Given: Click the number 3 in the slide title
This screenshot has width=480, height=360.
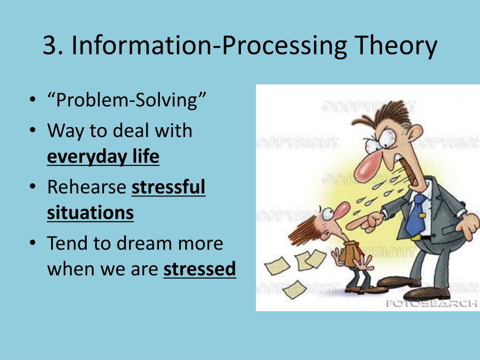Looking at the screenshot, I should click(50, 46).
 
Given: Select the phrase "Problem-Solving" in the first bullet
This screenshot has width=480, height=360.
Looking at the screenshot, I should click(127, 100).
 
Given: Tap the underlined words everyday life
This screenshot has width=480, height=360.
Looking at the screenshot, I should click(103, 157).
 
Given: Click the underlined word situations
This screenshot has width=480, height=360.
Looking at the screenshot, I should click(90, 213).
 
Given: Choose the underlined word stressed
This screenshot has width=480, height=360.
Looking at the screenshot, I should click(199, 269).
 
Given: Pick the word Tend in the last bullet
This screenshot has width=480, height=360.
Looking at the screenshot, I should click(67, 243).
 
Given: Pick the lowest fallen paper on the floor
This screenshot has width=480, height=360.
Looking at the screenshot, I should click(295, 289).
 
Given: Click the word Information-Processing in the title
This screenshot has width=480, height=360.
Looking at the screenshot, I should click(209, 46).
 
